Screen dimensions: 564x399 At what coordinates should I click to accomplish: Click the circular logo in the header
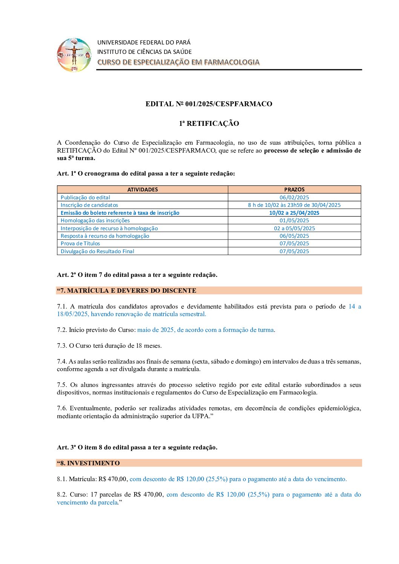(74, 55)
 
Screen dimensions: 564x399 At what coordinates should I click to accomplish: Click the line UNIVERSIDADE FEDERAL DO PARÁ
(144, 42)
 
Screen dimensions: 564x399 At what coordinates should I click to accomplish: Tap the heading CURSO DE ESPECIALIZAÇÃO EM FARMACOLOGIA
(178, 62)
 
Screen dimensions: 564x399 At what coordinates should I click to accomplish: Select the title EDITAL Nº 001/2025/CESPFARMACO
(209, 104)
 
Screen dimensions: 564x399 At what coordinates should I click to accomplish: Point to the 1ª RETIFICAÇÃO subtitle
(209, 124)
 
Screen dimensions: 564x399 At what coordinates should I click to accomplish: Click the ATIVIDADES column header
(143, 190)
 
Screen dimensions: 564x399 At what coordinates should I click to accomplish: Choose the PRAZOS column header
(294, 190)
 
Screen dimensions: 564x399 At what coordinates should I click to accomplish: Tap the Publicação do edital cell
(86, 197)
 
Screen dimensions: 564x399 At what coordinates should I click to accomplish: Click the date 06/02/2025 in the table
(294, 197)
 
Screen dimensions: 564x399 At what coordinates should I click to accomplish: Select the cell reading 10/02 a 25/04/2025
(294, 213)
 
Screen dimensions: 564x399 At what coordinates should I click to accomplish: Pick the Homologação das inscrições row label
(95, 220)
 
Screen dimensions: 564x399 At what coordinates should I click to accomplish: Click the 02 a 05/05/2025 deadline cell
(294, 228)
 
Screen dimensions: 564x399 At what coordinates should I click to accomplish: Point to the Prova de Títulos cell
(80, 243)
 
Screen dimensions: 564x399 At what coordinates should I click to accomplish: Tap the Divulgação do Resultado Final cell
(97, 251)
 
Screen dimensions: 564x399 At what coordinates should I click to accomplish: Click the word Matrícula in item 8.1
(83, 479)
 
